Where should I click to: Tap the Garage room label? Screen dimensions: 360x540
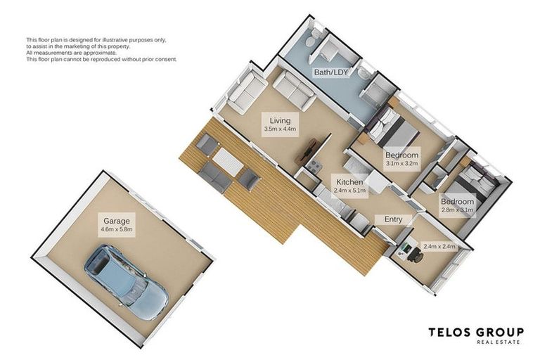(x=117, y=220)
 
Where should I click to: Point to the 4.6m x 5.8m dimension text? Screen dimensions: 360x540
(x=117, y=229)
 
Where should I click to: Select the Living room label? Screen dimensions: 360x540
(x=280, y=120)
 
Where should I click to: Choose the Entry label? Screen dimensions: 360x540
(x=393, y=219)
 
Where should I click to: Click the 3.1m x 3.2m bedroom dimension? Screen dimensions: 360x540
(x=401, y=164)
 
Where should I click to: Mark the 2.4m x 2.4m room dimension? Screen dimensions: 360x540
(x=439, y=246)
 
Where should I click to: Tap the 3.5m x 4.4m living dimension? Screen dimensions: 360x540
(x=280, y=129)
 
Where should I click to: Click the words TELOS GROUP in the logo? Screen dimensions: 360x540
(x=476, y=332)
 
